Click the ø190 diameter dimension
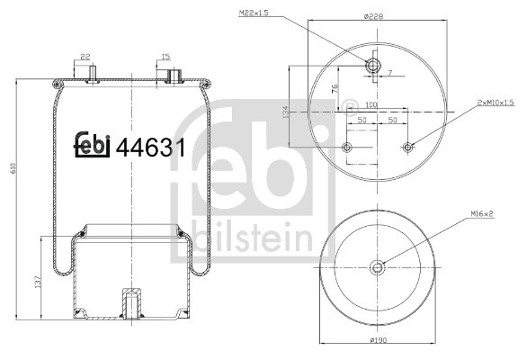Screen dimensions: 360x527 [x=378, y=344]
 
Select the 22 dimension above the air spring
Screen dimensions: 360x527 [x=86, y=56]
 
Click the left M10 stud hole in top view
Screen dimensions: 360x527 [x=347, y=146]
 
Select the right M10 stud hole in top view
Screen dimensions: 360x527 [x=408, y=146]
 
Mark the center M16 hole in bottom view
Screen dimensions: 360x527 [x=378, y=265]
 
